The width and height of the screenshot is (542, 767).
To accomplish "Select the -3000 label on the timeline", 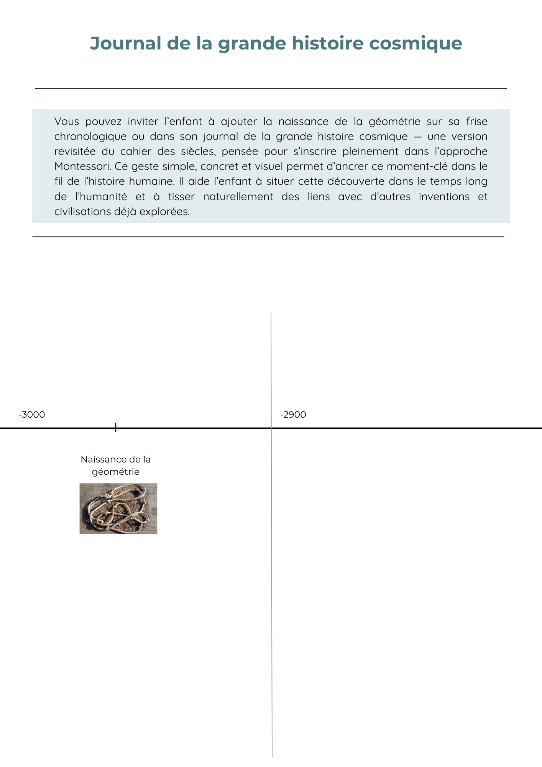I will [x=32, y=415].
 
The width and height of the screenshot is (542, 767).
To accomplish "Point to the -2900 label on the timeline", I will [x=293, y=415].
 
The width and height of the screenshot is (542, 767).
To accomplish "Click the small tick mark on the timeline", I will [x=116, y=427].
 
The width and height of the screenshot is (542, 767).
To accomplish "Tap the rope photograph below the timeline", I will [x=118, y=509].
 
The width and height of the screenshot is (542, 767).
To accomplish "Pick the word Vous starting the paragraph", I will [x=67, y=122].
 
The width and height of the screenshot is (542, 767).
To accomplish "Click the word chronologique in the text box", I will [x=90, y=137].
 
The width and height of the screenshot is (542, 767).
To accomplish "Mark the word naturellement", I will [x=238, y=197].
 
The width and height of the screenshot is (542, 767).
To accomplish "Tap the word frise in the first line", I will [x=476, y=122].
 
